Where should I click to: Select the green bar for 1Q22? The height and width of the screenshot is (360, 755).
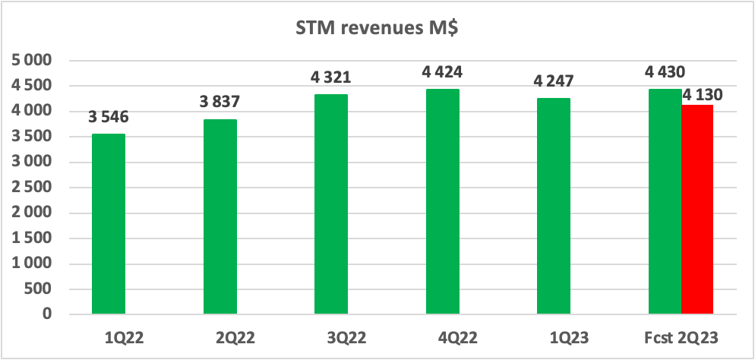click(x=109, y=223)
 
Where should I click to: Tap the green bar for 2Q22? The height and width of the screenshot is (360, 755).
click(x=220, y=216)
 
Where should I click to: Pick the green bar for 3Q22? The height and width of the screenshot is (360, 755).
click(x=331, y=204)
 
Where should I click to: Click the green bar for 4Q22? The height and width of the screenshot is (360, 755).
click(x=442, y=201)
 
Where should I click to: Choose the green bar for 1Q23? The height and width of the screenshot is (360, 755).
click(x=554, y=206)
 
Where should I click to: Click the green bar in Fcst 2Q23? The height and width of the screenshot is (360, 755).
click(x=665, y=201)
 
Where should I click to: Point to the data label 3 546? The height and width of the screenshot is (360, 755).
click(x=109, y=118)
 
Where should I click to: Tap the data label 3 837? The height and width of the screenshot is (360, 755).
click(x=220, y=103)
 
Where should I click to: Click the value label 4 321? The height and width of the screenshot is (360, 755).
click(x=331, y=77)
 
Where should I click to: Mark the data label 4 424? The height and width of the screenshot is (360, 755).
click(x=442, y=73)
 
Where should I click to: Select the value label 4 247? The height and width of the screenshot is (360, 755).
click(x=554, y=82)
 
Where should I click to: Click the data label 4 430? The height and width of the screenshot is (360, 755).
click(x=665, y=73)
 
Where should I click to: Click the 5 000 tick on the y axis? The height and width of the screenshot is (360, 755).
click(x=33, y=61)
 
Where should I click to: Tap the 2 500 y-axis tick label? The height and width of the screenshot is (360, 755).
click(x=33, y=188)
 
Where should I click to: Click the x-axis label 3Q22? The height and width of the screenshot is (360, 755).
click(x=331, y=335)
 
